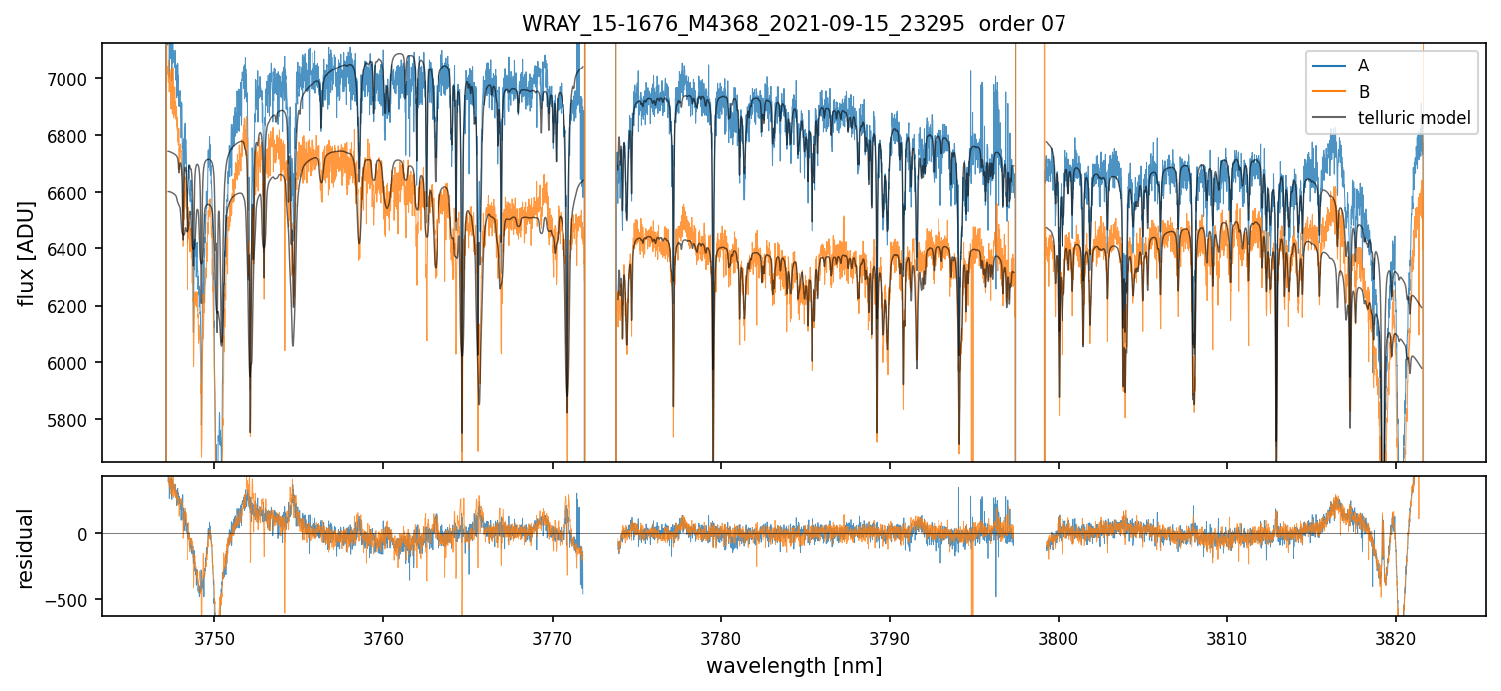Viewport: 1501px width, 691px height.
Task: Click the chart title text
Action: point(794,24)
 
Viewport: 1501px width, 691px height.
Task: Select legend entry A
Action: point(1363,66)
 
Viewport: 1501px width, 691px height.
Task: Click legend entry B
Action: point(1363,92)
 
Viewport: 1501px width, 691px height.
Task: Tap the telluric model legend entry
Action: point(1413,119)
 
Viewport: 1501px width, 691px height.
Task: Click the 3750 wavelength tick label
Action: point(214,638)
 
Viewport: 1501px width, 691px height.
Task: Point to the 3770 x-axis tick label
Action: point(552,638)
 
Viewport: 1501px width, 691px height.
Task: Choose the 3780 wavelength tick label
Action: point(720,638)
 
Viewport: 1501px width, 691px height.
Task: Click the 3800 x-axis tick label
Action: point(1058,638)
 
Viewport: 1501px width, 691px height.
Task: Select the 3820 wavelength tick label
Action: point(1395,638)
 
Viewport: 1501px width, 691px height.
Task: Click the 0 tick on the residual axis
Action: point(84,534)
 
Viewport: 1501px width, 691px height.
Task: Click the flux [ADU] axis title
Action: point(27,252)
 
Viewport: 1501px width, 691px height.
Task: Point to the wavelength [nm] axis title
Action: point(794,666)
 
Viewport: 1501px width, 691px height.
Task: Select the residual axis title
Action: point(27,548)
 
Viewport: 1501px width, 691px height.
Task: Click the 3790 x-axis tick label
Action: point(889,638)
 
